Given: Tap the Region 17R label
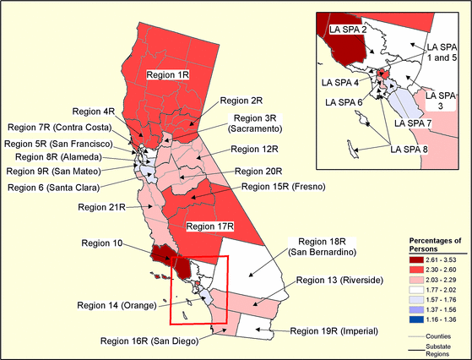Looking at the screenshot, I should (x=208, y=226).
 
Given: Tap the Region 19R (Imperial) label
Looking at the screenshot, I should (x=327, y=331).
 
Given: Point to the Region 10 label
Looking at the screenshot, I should (x=100, y=243).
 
